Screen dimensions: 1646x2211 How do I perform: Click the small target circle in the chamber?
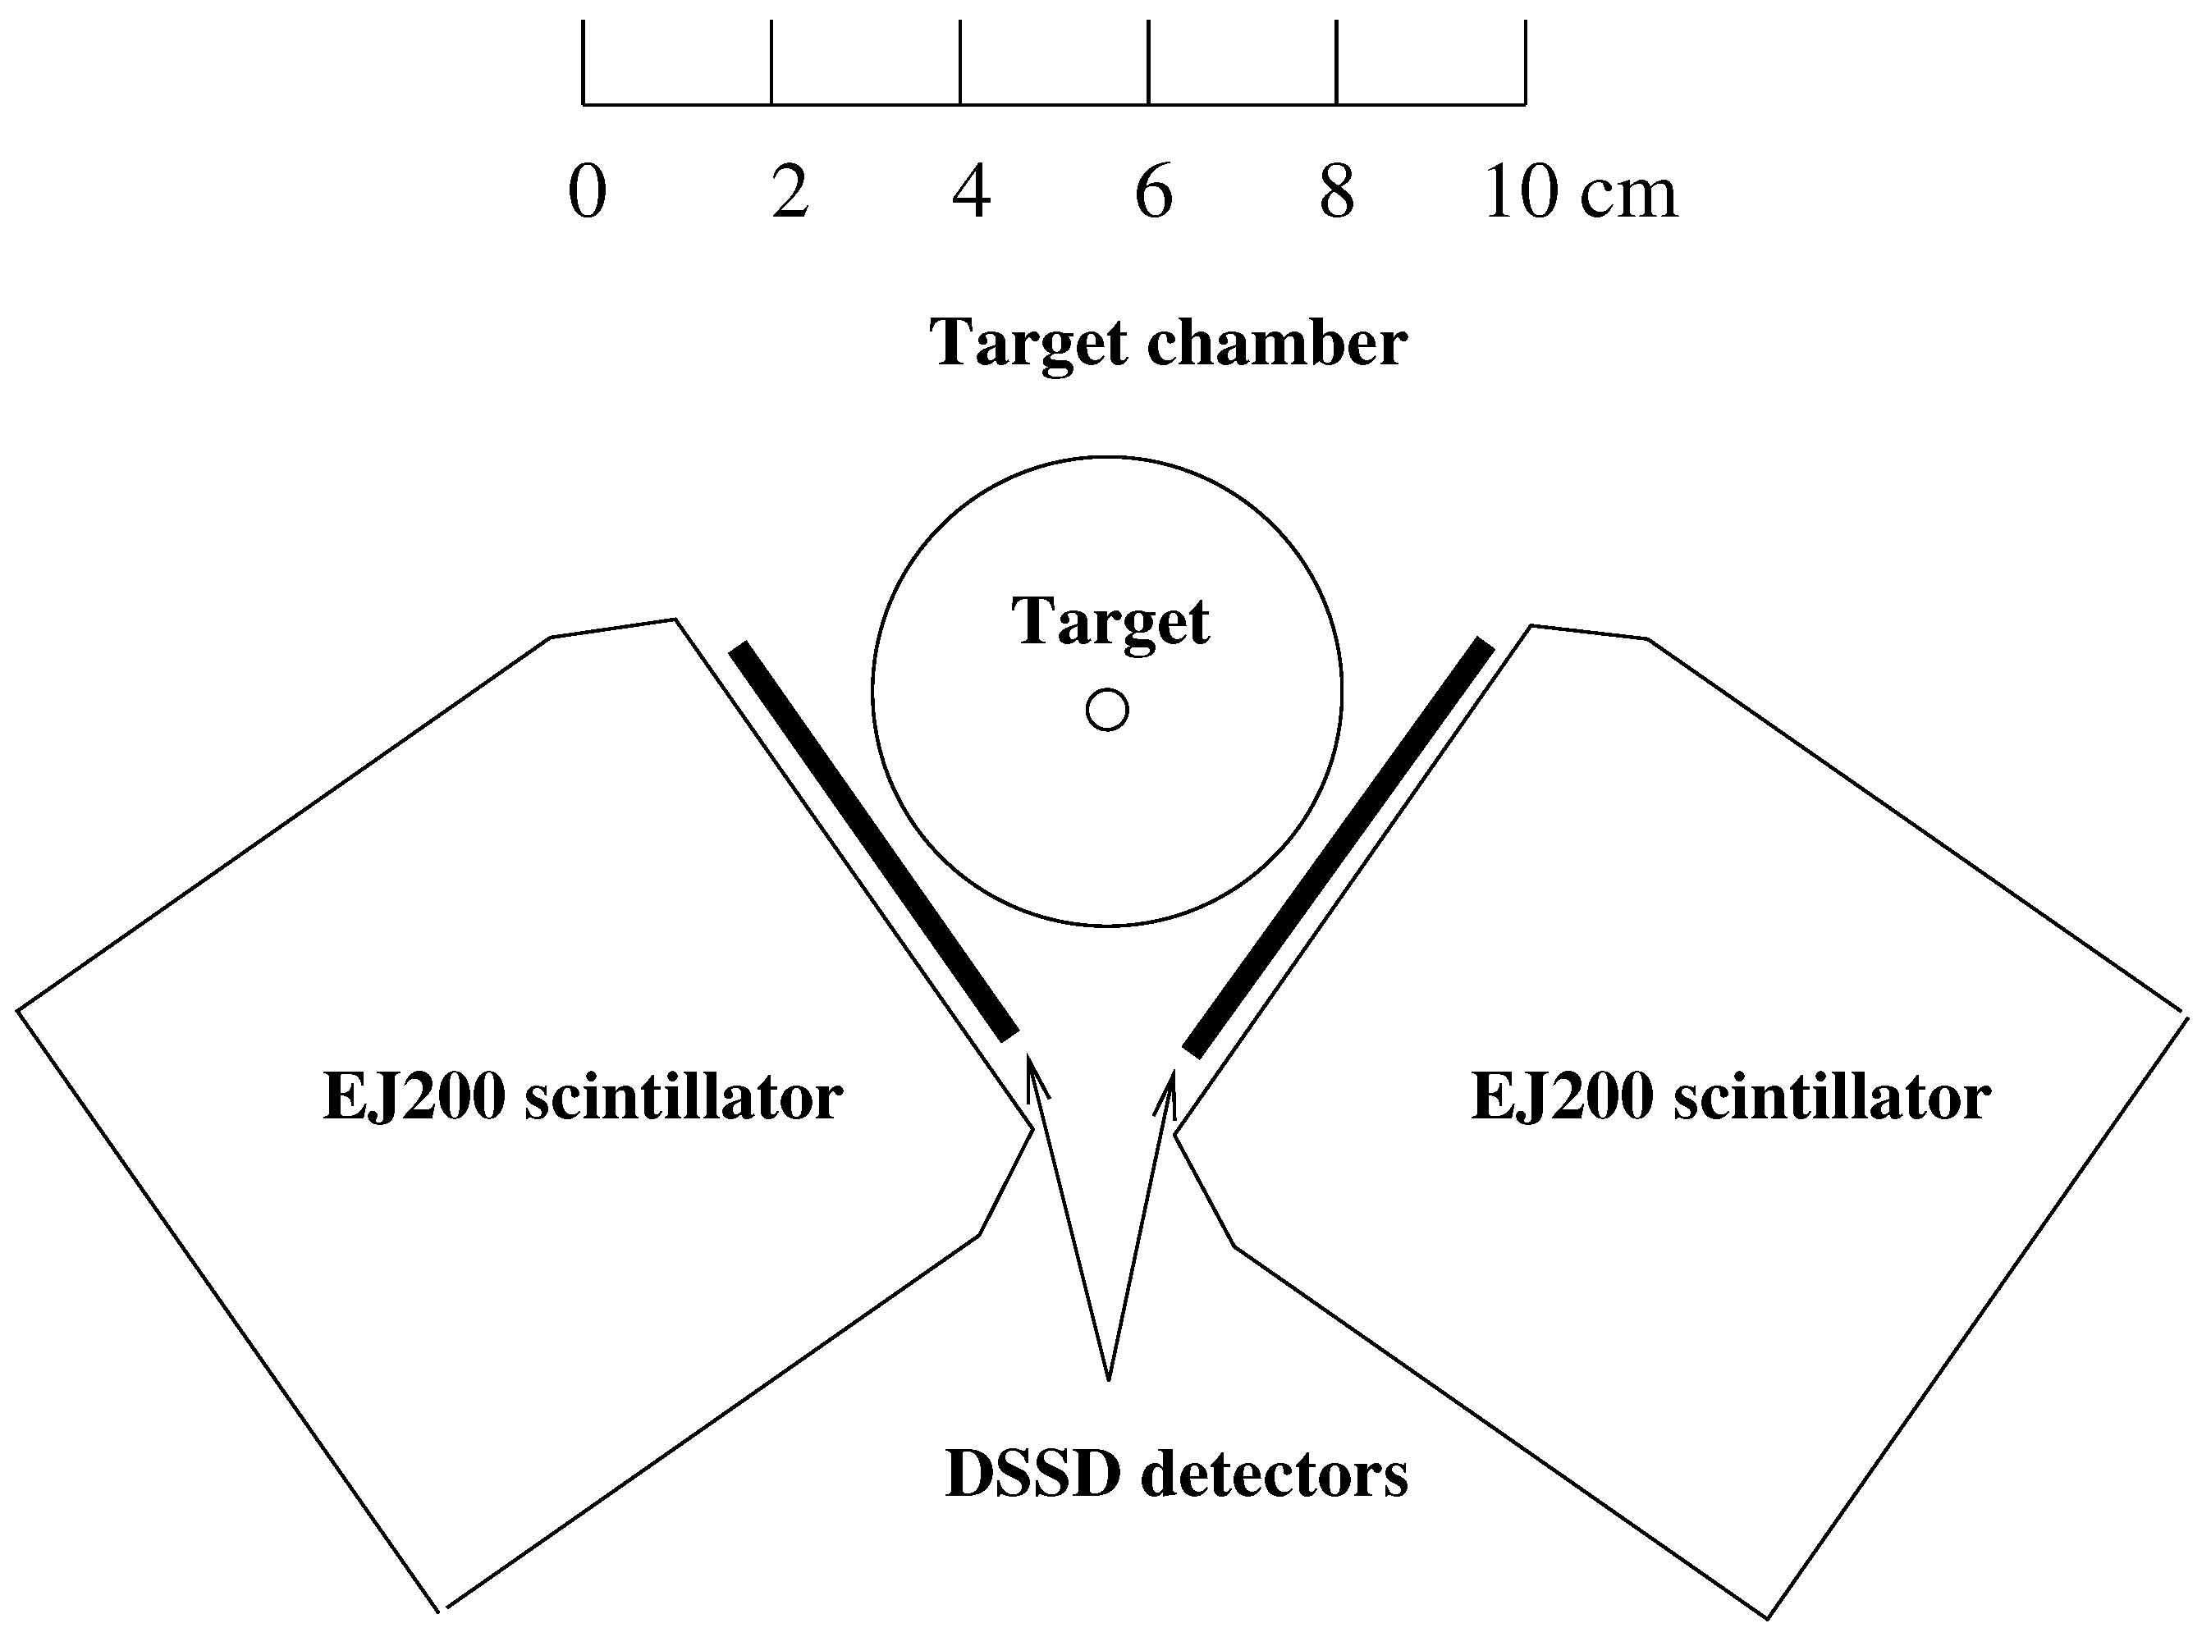click(1107, 711)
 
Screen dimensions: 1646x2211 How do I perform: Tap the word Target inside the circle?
click(1110, 622)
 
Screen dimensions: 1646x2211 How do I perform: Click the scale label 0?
click(587, 191)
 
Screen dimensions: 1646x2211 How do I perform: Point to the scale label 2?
click(790, 191)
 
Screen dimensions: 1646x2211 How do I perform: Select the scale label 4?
click(972, 191)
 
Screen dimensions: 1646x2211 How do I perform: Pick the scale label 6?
click(1154, 191)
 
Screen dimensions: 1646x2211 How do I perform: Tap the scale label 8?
click(1337, 191)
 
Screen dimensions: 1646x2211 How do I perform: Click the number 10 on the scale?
click(1522, 191)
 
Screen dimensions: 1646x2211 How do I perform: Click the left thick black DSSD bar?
click(874, 841)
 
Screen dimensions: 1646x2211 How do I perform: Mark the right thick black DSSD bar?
click(1338, 846)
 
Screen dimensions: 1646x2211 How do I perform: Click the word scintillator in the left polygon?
click(684, 1097)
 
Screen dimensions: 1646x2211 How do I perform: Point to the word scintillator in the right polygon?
click(1831, 1097)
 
